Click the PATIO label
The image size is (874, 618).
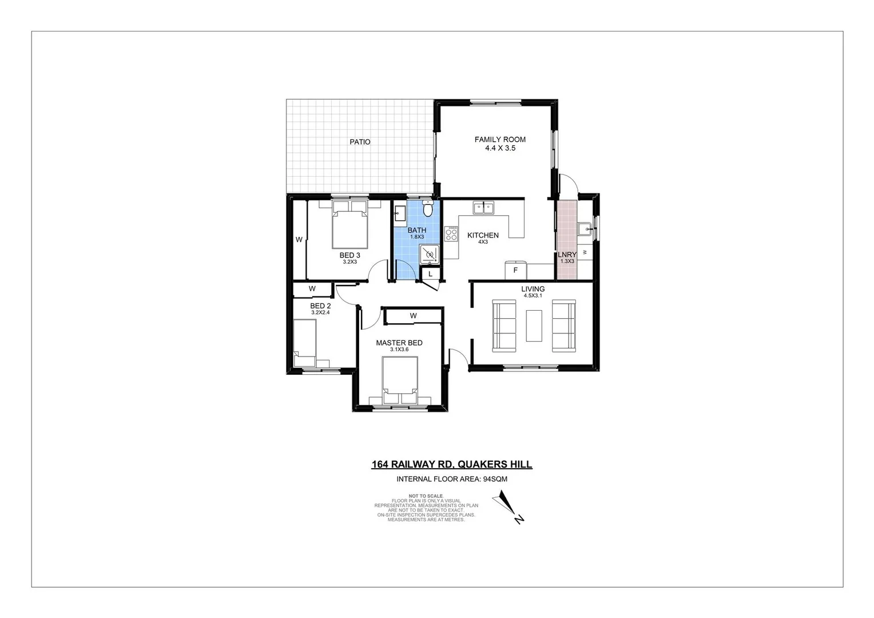pyautogui.click(x=360, y=142)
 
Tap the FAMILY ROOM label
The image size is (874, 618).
pyautogui.click(x=500, y=139)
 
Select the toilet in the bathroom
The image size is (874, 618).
pyautogui.click(x=427, y=209)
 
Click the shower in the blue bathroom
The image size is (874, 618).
pyautogui.click(x=430, y=253)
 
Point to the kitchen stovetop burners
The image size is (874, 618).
pyautogui.click(x=451, y=233)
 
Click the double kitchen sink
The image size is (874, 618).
pyautogui.click(x=484, y=208)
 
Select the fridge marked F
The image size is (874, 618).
pyautogui.click(x=515, y=270)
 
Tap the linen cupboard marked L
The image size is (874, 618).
pyautogui.click(x=430, y=274)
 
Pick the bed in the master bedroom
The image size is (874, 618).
pyautogui.click(x=400, y=378)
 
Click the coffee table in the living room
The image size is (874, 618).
pyautogui.click(x=534, y=326)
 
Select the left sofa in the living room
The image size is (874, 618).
pyautogui.click(x=504, y=325)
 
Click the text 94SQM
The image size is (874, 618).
pyautogui.click(x=495, y=480)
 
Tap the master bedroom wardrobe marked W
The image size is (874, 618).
pyautogui.click(x=413, y=316)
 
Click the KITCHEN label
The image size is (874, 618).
pyautogui.click(x=483, y=235)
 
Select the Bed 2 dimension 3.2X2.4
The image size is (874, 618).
pyautogui.click(x=320, y=313)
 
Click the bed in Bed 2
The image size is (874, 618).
pyautogui.click(x=304, y=342)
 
